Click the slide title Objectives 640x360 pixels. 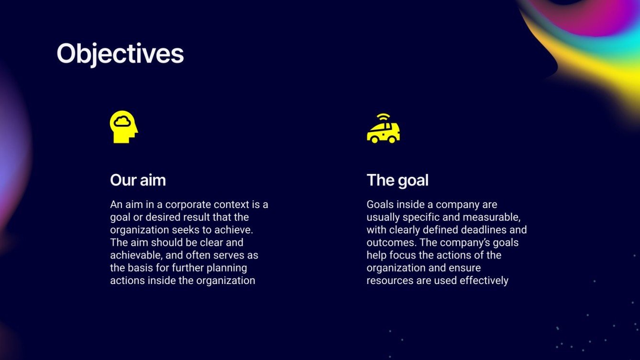point(120,54)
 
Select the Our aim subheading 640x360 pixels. point(138,180)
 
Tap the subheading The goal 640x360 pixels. point(397,180)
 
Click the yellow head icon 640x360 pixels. point(123,127)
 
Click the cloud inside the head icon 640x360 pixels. point(122,121)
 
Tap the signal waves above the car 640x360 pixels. point(383,117)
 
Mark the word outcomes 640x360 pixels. point(389,242)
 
